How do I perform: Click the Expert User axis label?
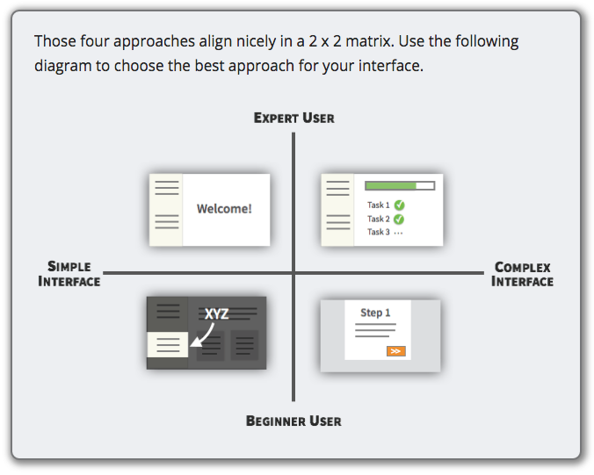[294, 118]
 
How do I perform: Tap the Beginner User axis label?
[293, 421]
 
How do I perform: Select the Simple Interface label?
[69, 274]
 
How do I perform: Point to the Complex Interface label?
[523, 275]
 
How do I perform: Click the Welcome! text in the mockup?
[224, 209]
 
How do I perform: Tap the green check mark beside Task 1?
[399, 205]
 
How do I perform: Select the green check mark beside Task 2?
[399, 220]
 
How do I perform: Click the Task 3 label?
[379, 232]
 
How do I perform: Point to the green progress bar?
[390, 186]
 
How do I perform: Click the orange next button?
[396, 351]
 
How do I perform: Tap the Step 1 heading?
[375, 313]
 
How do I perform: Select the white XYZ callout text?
[217, 313]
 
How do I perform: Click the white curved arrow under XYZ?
[205, 335]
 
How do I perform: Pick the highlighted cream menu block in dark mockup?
[168, 344]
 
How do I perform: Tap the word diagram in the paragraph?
[63, 66]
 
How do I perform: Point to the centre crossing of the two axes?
[293, 272]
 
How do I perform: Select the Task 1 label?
[379, 205]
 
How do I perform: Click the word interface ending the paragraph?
[391, 66]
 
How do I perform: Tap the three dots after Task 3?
[398, 234]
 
